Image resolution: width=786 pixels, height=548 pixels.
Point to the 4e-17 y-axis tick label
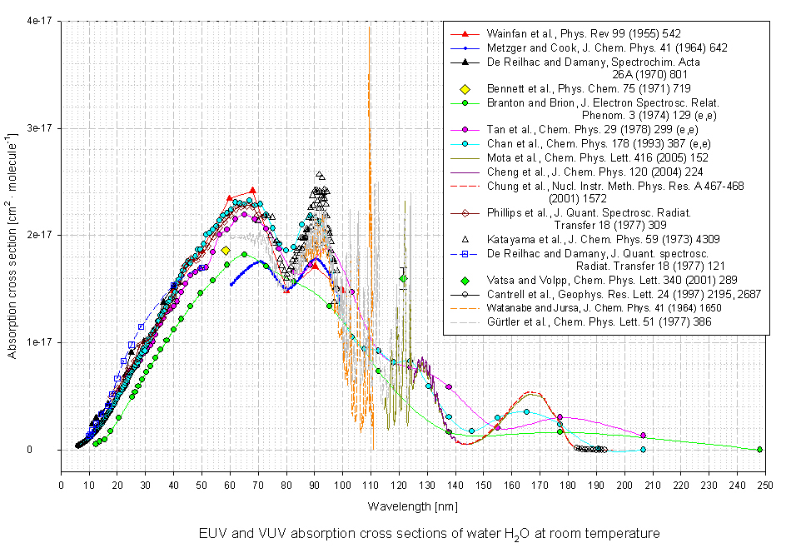pyautogui.click(x=37, y=22)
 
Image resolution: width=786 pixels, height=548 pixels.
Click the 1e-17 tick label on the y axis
pyautogui.click(x=37, y=342)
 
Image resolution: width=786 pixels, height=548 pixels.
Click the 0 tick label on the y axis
pyautogui.click(x=48, y=450)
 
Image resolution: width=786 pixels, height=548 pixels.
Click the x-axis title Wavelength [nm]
pyautogui.click(x=411, y=506)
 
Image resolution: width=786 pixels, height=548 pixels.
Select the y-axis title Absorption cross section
pyautogui.click(x=13, y=236)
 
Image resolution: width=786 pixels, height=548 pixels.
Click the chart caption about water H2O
pyautogui.click(x=429, y=533)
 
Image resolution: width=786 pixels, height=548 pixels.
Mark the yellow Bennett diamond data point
pyautogui.click(x=226, y=250)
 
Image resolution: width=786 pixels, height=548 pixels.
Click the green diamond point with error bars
pyautogui.click(x=403, y=279)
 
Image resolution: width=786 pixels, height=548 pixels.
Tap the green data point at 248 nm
pyautogui.click(x=759, y=450)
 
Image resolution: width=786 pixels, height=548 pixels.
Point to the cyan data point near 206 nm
pyautogui.click(x=642, y=450)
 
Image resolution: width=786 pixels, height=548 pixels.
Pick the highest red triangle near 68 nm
pyautogui.click(x=252, y=191)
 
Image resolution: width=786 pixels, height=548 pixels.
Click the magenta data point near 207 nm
pyautogui.click(x=643, y=435)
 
